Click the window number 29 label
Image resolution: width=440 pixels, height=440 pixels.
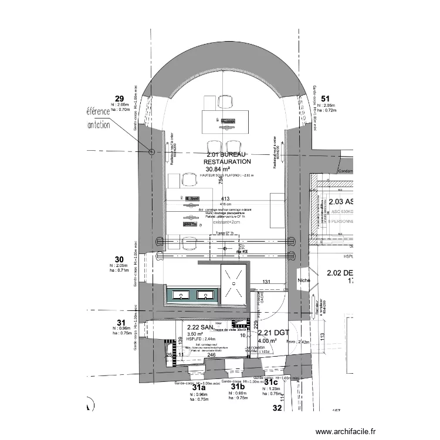(x=119, y=98)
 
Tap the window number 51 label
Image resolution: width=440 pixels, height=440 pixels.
(x=326, y=98)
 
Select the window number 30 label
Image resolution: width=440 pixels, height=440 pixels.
(x=119, y=259)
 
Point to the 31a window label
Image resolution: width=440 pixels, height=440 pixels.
(x=199, y=388)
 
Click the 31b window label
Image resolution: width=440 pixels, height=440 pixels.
(x=237, y=387)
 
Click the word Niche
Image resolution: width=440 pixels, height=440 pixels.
(x=304, y=280)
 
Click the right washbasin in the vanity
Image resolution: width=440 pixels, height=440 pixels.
(x=205, y=296)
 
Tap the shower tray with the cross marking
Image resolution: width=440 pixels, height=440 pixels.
(x=233, y=285)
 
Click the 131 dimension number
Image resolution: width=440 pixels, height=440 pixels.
(x=266, y=282)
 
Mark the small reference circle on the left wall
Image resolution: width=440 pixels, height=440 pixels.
(x=152, y=151)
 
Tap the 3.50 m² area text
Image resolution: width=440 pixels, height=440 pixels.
(x=194, y=334)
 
